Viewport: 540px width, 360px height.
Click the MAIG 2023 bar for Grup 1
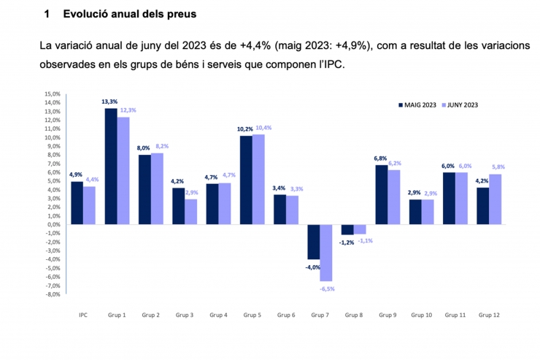click(x=111, y=166)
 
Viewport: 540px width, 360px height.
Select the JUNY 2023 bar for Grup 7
click(x=325, y=253)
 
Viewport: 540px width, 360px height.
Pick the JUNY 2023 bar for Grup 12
click(x=495, y=199)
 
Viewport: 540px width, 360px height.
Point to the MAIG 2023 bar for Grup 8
click(x=347, y=229)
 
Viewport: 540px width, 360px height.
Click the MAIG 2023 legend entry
click(x=417, y=105)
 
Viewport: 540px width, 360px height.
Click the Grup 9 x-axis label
click(x=387, y=315)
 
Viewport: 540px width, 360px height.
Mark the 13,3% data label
click(x=110, y=102)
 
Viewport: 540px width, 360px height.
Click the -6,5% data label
click(x=327, y=288)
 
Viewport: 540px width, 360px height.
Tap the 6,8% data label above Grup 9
click(x=380, y=158)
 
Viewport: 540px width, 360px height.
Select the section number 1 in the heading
click(x=47, y=14)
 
